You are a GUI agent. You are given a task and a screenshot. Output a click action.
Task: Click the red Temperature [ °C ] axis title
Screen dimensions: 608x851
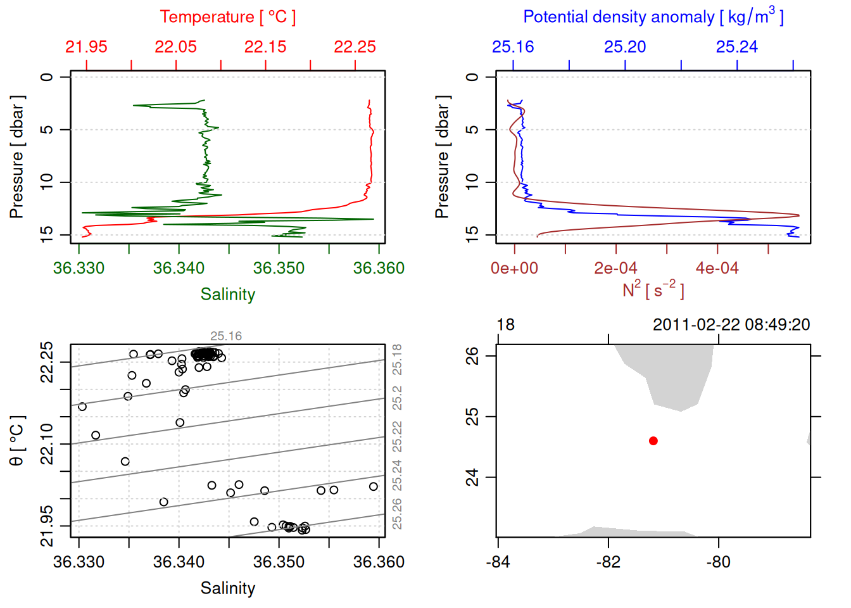click(227, 17)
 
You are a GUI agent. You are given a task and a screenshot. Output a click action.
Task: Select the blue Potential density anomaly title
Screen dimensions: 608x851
click(653, 17)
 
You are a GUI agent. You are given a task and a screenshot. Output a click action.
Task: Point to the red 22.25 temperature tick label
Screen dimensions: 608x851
click(355, 47)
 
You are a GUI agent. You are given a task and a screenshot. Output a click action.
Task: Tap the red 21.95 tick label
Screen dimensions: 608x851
click(86, 47)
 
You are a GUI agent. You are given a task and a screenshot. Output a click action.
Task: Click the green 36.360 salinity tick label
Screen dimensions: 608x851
click(379, 268)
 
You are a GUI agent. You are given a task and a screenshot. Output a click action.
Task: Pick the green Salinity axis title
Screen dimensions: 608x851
click(227, 294)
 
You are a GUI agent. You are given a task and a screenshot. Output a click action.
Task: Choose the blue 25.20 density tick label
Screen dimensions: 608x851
click(625, 47)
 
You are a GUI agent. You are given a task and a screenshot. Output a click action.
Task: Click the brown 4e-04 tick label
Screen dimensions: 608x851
click(717, 268)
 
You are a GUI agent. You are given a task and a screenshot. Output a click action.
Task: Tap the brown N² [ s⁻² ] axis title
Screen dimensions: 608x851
click(653, 290)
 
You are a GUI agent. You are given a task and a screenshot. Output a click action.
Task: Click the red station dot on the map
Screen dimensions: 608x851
click(653, 441)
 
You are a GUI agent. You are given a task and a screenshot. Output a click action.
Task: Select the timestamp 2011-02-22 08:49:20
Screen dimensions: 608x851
click(731, 325)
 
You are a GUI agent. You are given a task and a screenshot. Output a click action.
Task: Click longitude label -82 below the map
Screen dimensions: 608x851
click(608, 562)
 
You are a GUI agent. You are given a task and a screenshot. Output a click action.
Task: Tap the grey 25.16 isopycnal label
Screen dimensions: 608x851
click(226, 336)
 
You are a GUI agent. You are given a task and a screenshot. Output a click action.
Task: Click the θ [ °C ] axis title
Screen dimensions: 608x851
click(17, 441)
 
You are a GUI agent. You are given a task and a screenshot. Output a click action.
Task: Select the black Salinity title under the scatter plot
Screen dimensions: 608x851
click(227, 588)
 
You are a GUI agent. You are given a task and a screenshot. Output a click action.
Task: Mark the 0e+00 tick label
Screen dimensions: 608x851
click(514, 268)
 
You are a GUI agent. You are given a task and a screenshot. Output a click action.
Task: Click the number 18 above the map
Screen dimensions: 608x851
click(505, 325)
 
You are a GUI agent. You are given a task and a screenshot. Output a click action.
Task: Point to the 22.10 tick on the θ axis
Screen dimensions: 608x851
click(47, 443)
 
